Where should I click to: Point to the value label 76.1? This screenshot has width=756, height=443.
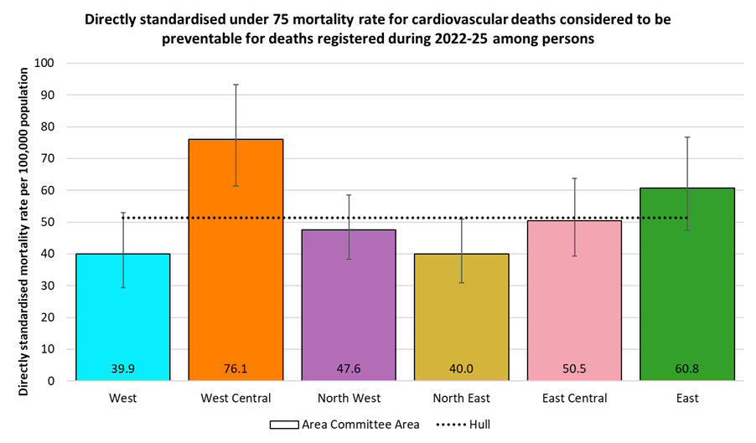coord(236,368)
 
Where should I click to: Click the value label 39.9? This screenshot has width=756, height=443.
coord(123,368)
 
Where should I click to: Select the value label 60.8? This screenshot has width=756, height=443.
coord(686,368)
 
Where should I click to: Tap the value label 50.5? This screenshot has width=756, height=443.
coord(574,368)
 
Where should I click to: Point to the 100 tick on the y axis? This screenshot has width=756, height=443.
coord(45,64)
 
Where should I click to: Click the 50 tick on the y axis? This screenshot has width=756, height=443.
coord(48,222)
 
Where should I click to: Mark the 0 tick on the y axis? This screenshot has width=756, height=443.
coord(51,381)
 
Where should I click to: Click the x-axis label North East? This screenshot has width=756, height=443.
coord(461,399)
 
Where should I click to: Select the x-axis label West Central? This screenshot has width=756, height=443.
coord(236,399)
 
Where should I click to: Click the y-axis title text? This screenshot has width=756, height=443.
coord(23,222)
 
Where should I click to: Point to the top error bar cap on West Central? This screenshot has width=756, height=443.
coord(236,85)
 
